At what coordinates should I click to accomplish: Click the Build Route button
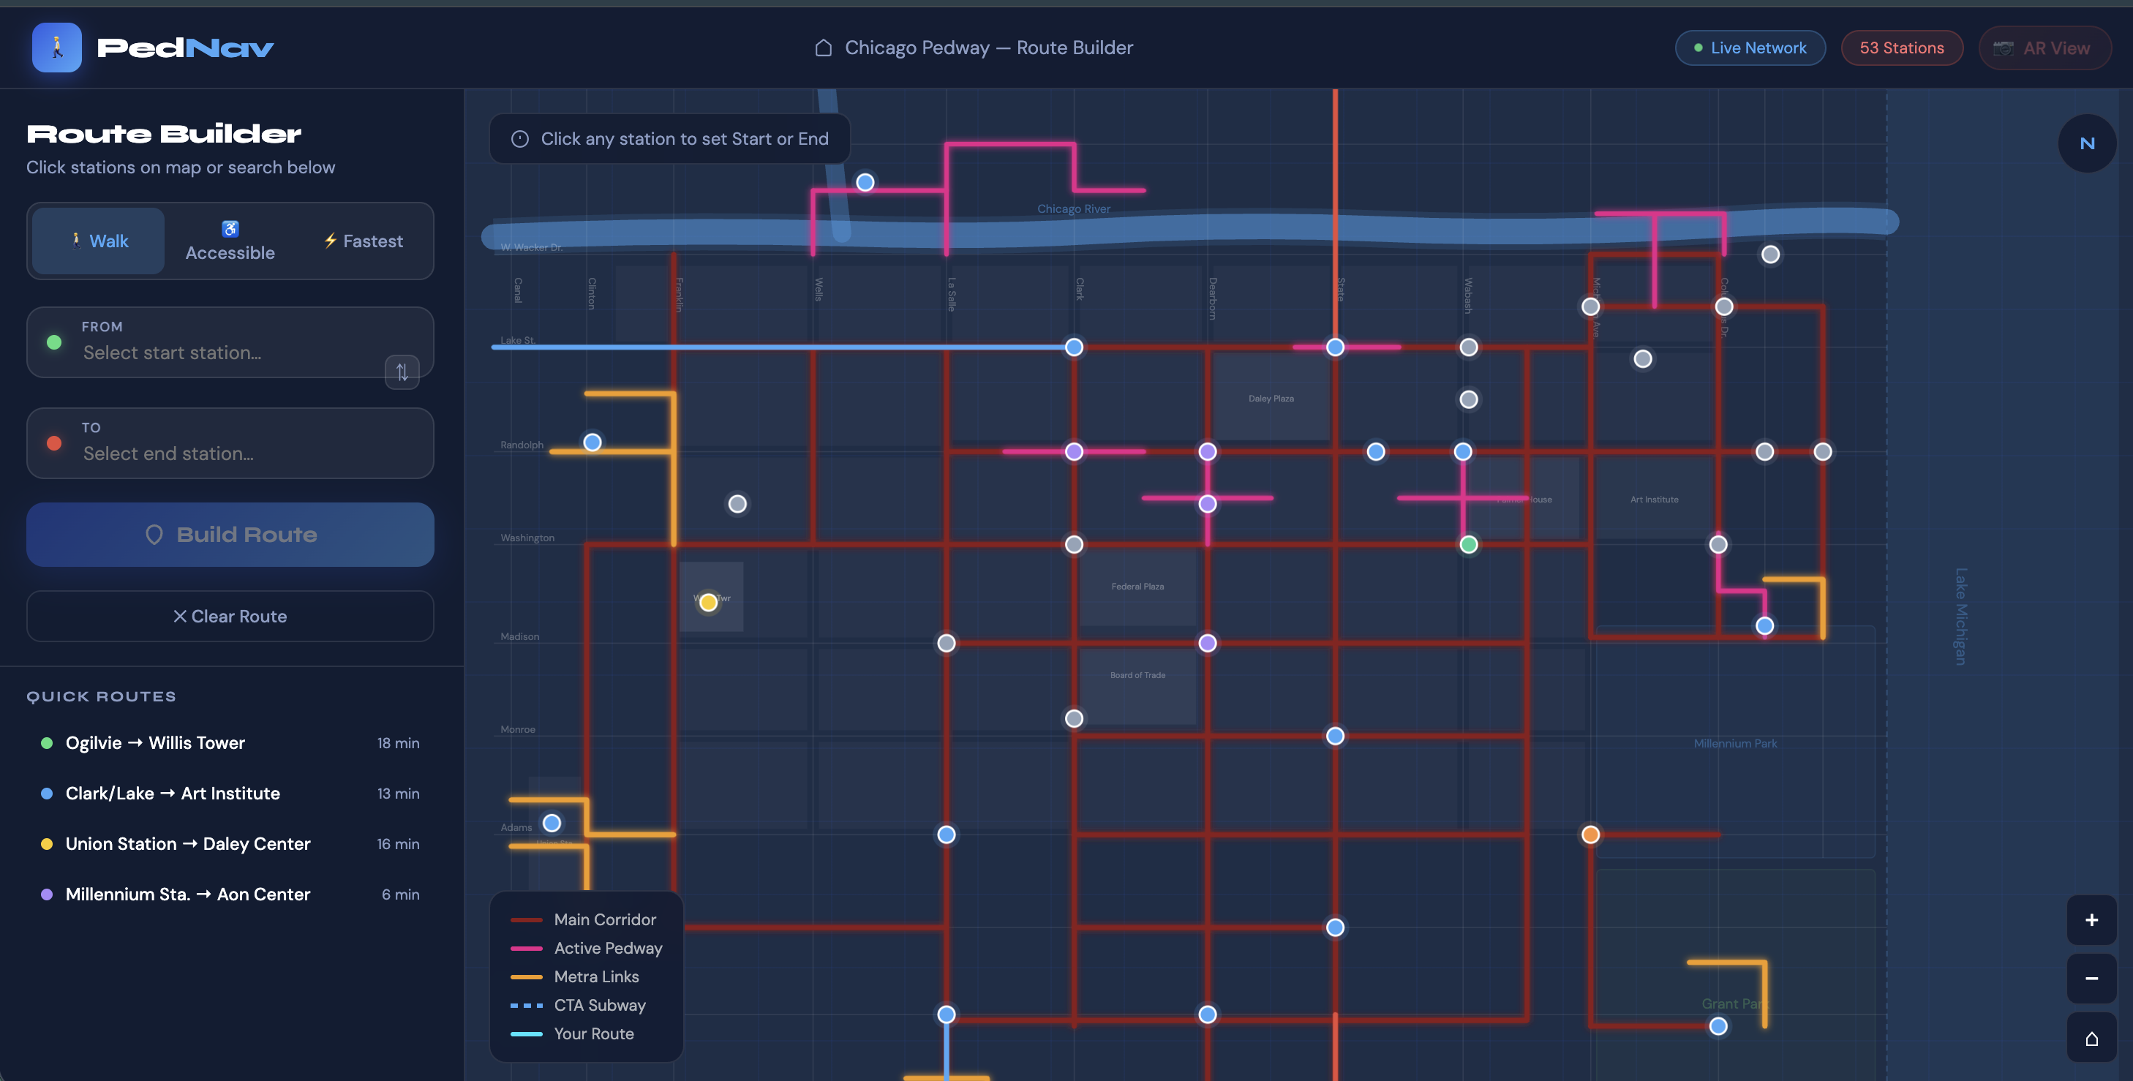click(x=230, y=535)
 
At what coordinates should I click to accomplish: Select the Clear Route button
click(x=230, y=616)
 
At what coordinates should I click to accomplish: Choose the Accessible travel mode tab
click(x=230, y=241)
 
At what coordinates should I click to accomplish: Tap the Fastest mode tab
click(x=364, y=241)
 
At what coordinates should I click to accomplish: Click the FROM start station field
click(x=215, y=343)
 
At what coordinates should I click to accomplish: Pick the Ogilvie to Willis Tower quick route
click(x=156, y=742)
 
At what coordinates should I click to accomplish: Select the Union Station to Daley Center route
click(x=188, y=843)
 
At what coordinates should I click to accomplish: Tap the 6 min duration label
click(x=400, y=894)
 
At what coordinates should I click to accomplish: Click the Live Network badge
click(x=1750, y=48)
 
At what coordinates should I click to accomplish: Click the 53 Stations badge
click(x=1901, y=48)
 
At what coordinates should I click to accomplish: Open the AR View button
click(x=2044, y=48)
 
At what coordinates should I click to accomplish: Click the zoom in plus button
click(x=2091, y=919)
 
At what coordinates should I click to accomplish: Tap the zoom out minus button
click(x=2091, y=979)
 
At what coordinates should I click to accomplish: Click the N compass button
click(x=2087, y=143)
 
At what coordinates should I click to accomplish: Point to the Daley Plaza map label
click(x=1270, y=398)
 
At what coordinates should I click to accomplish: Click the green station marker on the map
click(x=1468, y=545)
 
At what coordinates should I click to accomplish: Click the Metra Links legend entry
click(x=596, y=976)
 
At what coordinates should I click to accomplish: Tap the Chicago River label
click(x=1073, y=208)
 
